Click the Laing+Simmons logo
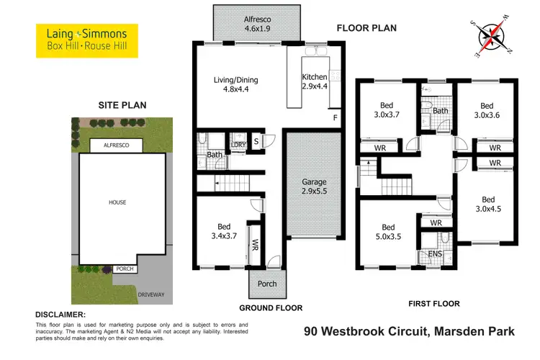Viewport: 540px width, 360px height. point(81,40)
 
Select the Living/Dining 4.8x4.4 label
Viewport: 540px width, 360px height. point(236,86)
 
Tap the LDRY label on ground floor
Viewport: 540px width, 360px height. point(238,144)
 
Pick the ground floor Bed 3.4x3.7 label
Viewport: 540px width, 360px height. point(218,228)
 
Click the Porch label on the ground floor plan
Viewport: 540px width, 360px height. point(267,284)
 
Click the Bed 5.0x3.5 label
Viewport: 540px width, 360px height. point(389,231)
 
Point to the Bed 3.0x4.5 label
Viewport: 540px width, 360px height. point(489,204)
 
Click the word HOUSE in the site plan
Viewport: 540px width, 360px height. point(117,202)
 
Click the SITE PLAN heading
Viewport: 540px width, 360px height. point(122,105)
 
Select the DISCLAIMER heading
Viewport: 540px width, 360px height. point(61,315)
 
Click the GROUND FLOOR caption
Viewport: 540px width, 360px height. point(271,307)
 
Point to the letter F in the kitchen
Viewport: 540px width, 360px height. point(334,117)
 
